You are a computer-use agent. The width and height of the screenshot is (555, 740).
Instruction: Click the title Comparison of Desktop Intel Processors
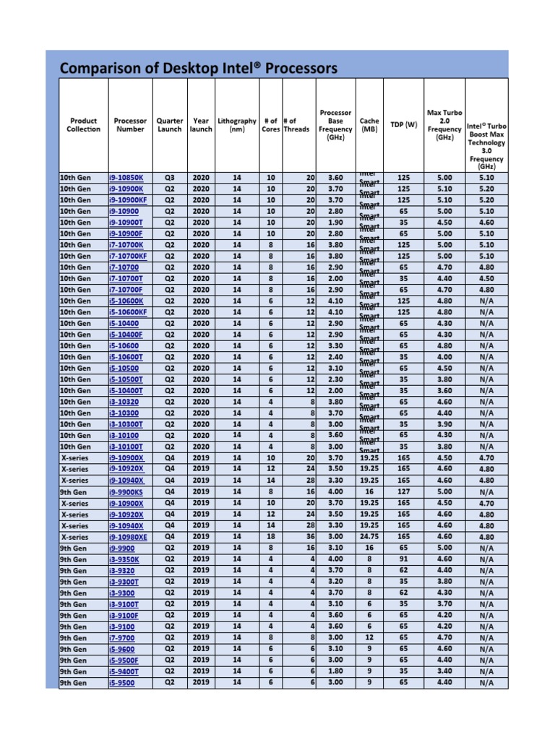[198, 69]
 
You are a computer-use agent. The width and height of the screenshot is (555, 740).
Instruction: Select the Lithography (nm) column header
[236, 125]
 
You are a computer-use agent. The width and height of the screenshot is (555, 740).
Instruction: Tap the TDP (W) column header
[403, 124]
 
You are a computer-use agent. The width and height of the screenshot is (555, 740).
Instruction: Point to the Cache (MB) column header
[369, 125]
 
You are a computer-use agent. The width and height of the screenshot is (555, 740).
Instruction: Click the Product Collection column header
[84, 125]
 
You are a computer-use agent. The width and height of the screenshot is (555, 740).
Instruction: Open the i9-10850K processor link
[126, 177]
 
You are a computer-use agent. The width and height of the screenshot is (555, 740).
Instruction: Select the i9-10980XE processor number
[129, 537]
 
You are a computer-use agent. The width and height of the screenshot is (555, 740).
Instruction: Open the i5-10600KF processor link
[128, 312]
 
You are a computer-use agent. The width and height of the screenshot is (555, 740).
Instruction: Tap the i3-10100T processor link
[126, 447]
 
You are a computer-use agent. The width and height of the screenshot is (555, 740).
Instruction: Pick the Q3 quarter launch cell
[170, 177]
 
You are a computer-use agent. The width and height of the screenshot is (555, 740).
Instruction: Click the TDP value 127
[403, 491]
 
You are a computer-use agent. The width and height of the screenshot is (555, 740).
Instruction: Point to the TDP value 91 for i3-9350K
[403, 559]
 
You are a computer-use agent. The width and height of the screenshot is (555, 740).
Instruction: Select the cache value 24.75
[369, 537]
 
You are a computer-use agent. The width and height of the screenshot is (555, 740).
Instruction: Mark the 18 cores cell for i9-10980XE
[270, 537]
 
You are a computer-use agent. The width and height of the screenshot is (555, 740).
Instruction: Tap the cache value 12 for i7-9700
[369, 638]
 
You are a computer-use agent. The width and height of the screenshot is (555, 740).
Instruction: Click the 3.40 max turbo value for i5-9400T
[444, 671]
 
